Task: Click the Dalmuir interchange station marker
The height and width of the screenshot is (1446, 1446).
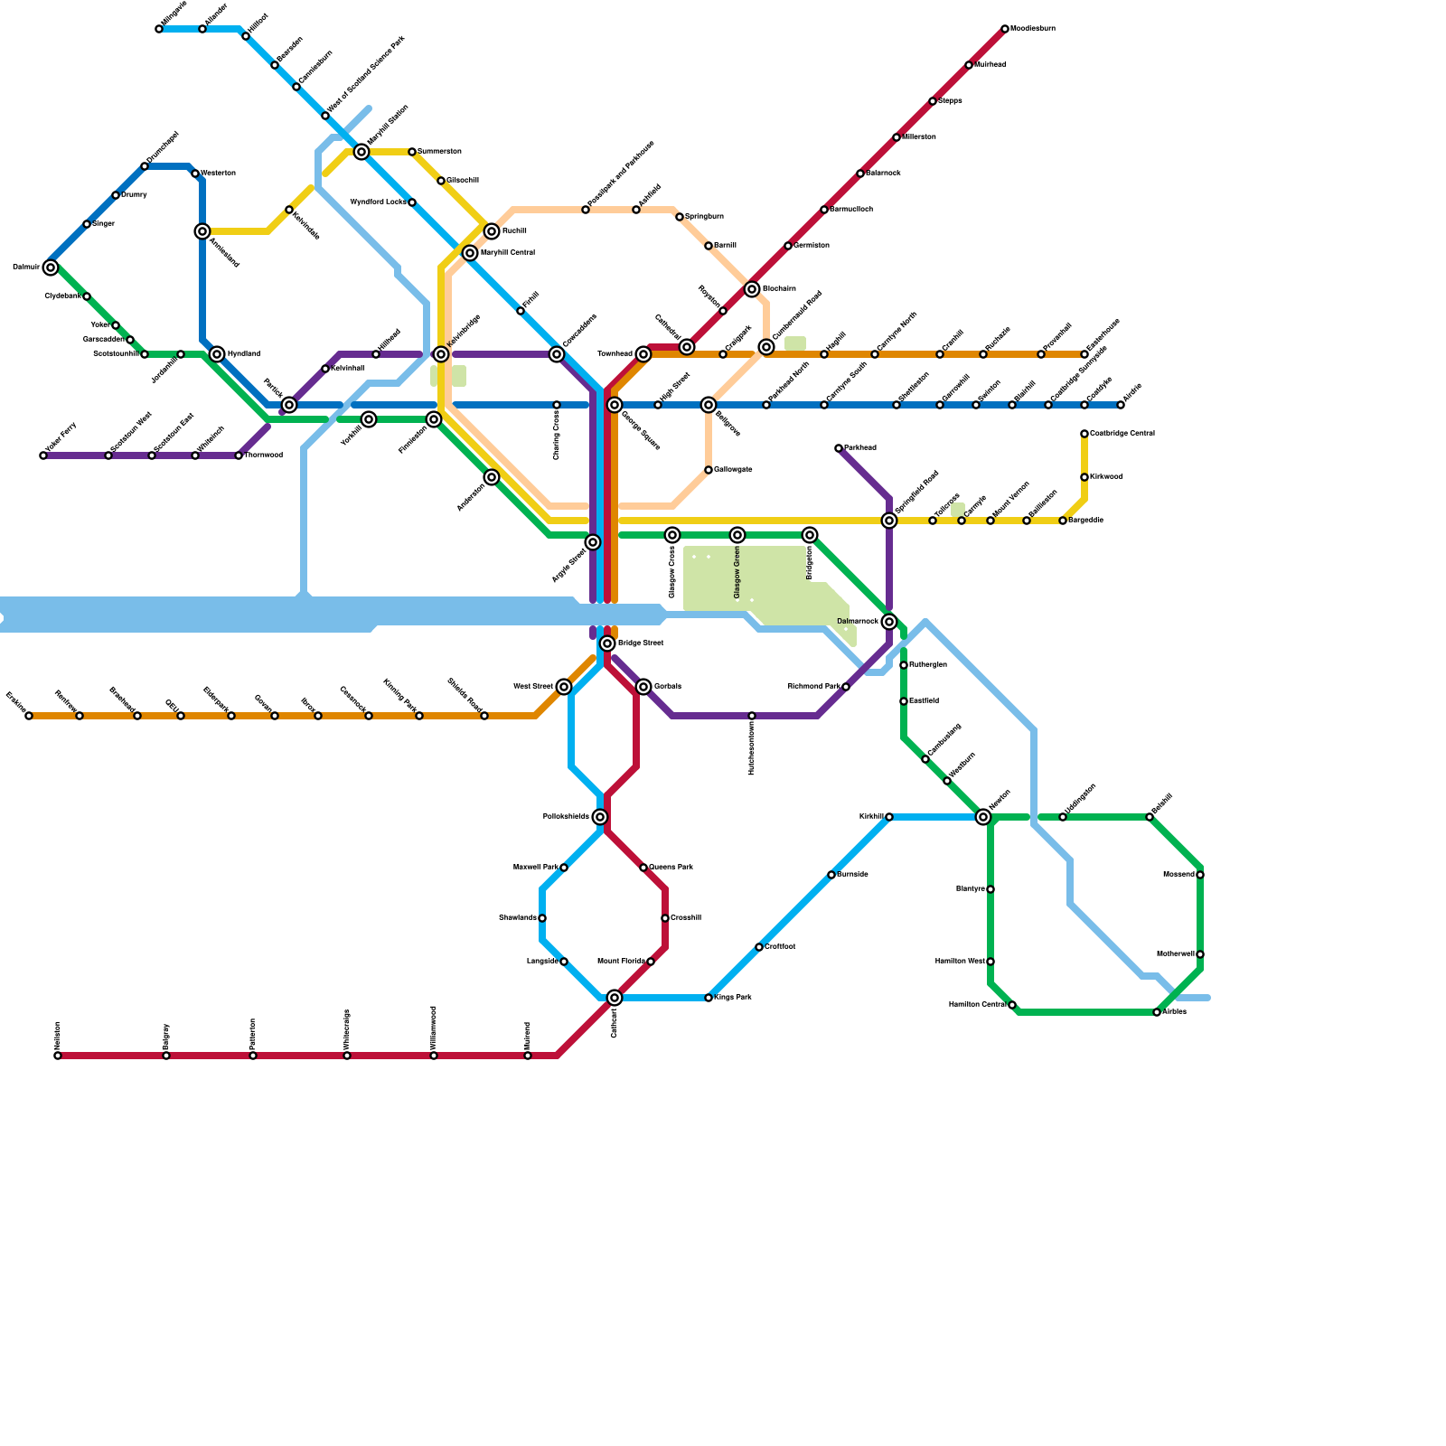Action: tap(51, 268)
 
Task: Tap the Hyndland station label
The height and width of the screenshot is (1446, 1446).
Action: tap(244, 354)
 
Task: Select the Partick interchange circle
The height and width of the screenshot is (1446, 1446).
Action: tap(289, 405)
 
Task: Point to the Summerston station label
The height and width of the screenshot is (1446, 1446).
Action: tap(440, 152)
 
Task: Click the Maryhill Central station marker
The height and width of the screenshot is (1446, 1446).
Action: tap(470, 253)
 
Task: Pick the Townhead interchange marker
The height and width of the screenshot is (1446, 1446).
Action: tap(643, 354)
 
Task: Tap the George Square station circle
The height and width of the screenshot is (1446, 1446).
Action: tap(615, 405)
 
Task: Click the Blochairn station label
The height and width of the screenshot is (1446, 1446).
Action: tap(779, 289)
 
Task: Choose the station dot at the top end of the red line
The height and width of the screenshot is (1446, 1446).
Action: tap(1005, 29)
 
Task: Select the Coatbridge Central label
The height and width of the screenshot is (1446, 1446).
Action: tap(1122, 434)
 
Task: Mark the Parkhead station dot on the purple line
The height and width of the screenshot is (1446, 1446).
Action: tap(839, 448)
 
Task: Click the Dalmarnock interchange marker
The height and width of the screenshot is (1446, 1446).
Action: tap(889, 622)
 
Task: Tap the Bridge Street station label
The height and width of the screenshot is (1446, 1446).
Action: tap(641, 643)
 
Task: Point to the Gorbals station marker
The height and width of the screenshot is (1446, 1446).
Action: tap(643, 687)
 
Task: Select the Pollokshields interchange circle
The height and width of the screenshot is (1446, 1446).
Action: tap(600, 817)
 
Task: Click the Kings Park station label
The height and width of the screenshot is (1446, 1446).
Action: tap(733, 998)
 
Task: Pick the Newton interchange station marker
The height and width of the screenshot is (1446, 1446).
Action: tap(983, 817)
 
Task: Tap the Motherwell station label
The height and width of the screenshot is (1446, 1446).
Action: tap(1176, 954)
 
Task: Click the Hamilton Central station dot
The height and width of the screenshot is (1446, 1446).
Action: tap(1012, 1005)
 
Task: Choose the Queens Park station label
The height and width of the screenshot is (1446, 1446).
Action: tap(671, 868)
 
